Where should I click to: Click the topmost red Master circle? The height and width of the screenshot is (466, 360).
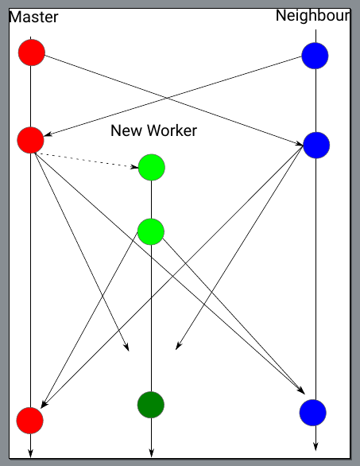click(x=32, y=52)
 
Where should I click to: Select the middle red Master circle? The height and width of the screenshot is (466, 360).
click(x=30, y=140)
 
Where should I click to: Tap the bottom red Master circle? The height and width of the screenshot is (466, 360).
click(x=29, y=421)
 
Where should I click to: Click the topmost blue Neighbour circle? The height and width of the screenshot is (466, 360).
click(x=315, y=56)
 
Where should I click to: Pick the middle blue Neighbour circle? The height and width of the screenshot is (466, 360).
click(x=316, y=145)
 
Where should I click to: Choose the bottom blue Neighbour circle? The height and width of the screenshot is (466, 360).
click(x=313, y=413)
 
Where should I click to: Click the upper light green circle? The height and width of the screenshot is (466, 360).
click(x=152, y=167)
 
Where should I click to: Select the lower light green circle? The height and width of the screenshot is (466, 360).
click(x=151, y=231)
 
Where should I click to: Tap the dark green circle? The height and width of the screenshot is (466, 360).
click(x=151, y=405)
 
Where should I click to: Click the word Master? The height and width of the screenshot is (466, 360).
click(x=33, y=17)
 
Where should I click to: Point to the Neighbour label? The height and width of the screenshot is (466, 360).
click(x=313, y=15)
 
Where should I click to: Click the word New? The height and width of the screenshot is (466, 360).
click(x=126, y=130)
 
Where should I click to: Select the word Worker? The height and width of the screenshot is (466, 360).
click(x=172, y=130)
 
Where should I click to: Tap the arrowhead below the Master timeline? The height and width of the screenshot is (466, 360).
click(x=30, y=453)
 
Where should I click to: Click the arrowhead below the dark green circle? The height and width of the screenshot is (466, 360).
click(x=151, y=452)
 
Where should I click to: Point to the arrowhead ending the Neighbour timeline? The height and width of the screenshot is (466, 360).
click(x=315, y=446)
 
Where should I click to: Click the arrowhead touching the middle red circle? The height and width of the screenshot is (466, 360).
click(x=48, y=134)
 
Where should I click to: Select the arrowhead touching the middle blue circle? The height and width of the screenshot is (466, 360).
click(x=299, y=144)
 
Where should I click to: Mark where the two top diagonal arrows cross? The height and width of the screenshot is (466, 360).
click(x=167, y=98)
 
